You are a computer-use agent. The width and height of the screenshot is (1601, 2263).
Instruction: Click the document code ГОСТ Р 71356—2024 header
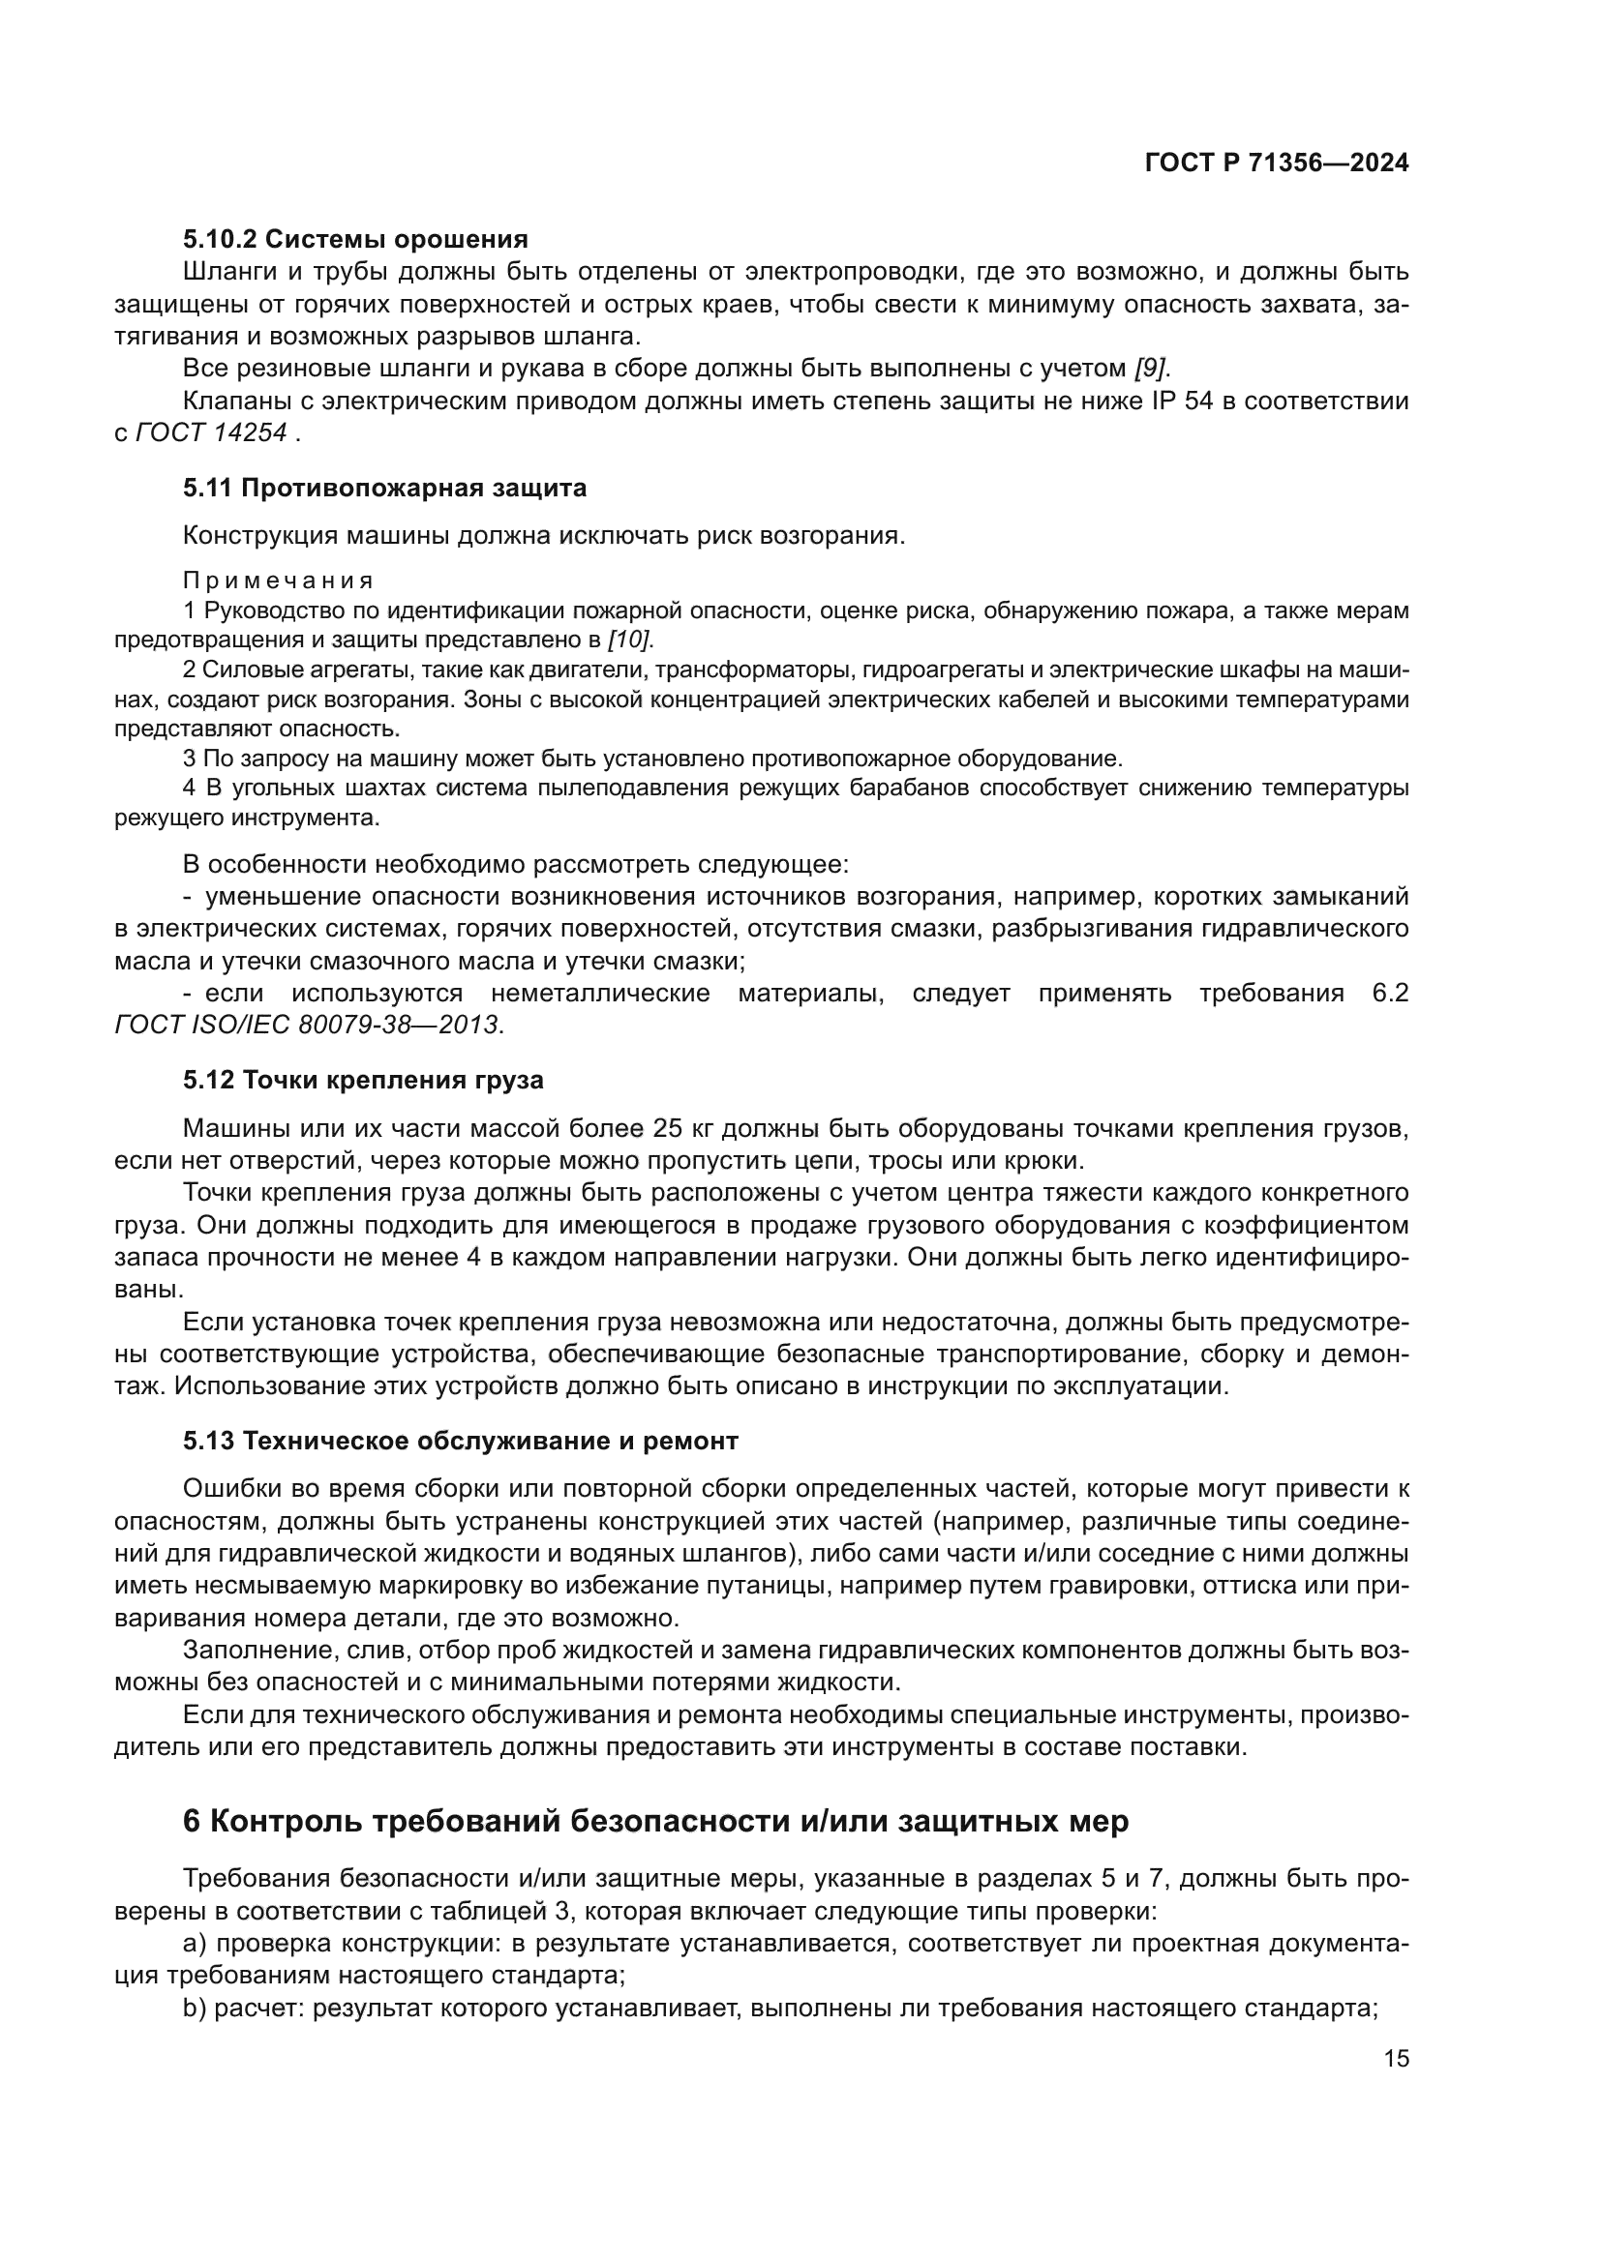1277,164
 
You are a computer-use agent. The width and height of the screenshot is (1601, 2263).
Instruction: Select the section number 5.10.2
220,240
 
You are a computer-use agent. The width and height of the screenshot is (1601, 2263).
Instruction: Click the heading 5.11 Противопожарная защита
384,488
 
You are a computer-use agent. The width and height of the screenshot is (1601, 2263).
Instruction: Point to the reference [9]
1150,369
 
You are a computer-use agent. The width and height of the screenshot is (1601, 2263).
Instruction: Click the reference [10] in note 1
629,640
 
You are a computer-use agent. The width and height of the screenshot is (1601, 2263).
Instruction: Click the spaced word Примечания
278,581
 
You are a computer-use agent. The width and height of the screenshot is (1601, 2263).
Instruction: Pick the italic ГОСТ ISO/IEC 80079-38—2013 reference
309,1025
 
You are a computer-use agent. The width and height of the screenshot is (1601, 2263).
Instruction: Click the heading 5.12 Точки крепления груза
363,1081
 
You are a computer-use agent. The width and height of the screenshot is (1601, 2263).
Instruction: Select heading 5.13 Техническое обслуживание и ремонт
461,1441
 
